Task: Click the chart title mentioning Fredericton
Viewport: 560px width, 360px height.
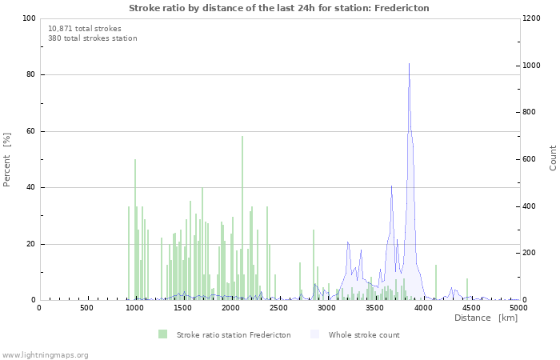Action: tap(279, 7)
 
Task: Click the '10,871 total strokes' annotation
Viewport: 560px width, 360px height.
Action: tap(85, 28)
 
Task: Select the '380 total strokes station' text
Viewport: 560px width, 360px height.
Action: tap(92, 38)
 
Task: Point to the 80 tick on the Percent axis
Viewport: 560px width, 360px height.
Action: tap(30, 75)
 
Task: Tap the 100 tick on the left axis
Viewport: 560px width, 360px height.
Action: tap(28, 18)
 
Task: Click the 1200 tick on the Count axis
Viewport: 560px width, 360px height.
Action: tap(532, 18)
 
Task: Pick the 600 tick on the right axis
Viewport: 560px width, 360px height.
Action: tap(530, 159)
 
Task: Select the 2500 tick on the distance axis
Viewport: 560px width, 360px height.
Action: tap(278, 307)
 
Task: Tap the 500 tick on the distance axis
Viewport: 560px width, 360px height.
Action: tap(86, 307)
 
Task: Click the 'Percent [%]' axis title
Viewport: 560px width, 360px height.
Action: tap(7, 159)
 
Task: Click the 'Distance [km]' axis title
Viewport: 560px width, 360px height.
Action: tap(486, 318)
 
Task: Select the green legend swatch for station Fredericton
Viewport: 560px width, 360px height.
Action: tap(163, 334)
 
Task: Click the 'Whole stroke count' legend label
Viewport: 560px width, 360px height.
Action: tap(363, 334)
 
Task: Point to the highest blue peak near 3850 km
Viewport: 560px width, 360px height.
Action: tap(409, 65)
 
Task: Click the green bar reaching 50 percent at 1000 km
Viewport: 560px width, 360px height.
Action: tap(135, 232)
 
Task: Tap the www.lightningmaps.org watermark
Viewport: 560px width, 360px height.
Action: tap(45, 354)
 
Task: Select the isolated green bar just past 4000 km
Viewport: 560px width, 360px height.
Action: tap(436, 282)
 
